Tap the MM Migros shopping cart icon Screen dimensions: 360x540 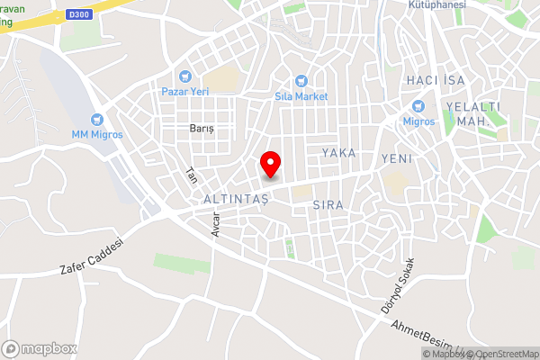tap(97, 119)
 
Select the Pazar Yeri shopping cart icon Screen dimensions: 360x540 tap(186, 76)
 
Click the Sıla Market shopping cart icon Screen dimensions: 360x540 tap(301, 80)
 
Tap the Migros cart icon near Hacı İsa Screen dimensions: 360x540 tap(418, 106)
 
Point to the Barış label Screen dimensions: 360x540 tap(202, 129)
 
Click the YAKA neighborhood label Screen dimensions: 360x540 tap(339, 153)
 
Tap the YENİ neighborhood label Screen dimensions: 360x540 tap(396, 158)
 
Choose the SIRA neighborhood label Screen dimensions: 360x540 tap(328, 205)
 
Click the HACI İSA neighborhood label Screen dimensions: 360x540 tap(435, 81)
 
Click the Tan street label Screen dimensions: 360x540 tap(191, 175)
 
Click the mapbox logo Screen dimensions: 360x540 tap(40, 347)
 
